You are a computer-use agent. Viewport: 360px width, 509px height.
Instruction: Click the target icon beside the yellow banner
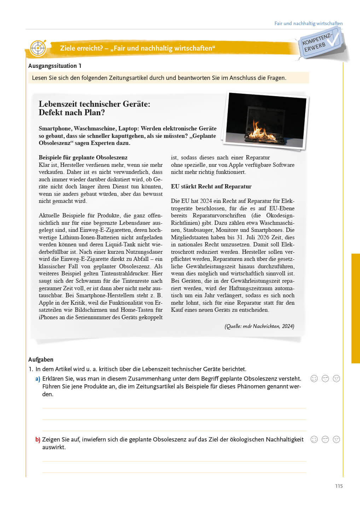click(38, 48)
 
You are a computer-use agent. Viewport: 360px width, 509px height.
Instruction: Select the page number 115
click(339, 486)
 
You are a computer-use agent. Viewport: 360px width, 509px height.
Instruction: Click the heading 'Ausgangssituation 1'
click(55, 66)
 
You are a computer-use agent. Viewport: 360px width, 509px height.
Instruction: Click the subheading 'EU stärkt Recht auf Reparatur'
click(211, 186)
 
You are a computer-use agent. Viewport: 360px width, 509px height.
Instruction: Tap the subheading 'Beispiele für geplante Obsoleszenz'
click(83, 157)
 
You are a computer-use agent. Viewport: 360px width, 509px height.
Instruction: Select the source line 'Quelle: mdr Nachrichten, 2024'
click(259, 326)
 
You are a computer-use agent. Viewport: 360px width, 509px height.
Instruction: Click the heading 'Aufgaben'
click(41, 359)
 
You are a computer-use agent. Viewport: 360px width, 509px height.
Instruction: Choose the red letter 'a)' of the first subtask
click(37, 379)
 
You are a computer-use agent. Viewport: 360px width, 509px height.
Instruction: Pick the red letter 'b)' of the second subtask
click(37, 439)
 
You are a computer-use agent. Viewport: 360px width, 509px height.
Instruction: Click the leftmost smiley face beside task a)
click(314, 379)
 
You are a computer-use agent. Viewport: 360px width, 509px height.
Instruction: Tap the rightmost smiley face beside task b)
click(336, 439)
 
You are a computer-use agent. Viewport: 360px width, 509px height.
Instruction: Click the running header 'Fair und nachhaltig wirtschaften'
click(308, 23)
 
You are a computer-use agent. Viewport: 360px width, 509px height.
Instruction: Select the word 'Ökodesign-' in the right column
click(280, 215)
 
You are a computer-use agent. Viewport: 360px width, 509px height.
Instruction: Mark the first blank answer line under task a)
click(174, 408)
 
